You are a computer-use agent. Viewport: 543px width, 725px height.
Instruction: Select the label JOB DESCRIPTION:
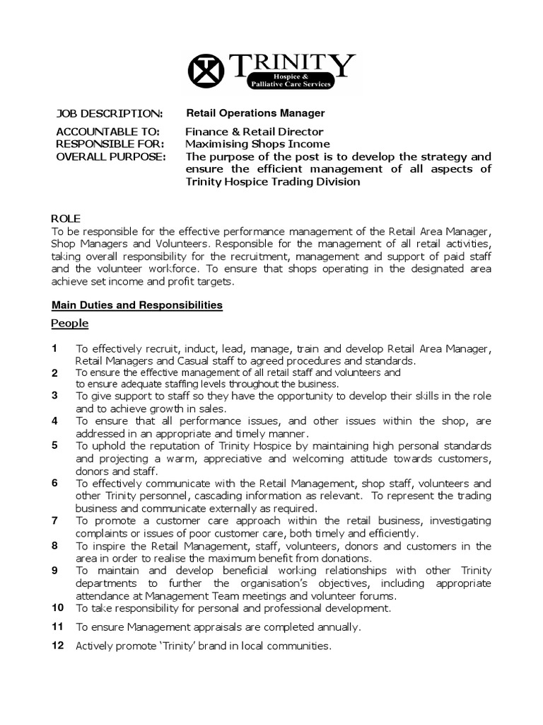click(x=109, y=113)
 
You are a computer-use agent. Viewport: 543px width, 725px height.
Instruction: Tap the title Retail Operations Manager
click(x=255, y=113)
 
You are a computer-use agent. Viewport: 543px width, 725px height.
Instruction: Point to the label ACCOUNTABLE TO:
click(x=107, y=132)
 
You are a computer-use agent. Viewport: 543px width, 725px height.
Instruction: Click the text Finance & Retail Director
click(x=255, y=132)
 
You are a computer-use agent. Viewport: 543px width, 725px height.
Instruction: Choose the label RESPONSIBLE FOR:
click(x=109, y=144)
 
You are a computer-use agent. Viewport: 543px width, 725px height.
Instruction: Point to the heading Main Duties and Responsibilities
click(x=137, y=305)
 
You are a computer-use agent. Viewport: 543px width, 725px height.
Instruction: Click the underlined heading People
click(x=70, y=324)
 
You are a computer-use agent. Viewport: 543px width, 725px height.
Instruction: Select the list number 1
click(x=54, y=348)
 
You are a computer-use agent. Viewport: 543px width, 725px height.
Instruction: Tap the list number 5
click(x=54, y=445)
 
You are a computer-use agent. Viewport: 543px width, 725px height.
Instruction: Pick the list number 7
click(x=54, y=520)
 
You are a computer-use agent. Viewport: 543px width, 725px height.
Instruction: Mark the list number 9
click(x=54, y=570)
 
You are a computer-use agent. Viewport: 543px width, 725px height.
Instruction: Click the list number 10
click(x=57, y=607)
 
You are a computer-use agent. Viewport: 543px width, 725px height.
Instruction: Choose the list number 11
click(x=57, y=627)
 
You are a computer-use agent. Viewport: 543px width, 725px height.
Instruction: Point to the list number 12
click(x=57, y=646)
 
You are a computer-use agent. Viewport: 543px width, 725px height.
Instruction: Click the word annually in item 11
click(x=339, y=627)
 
